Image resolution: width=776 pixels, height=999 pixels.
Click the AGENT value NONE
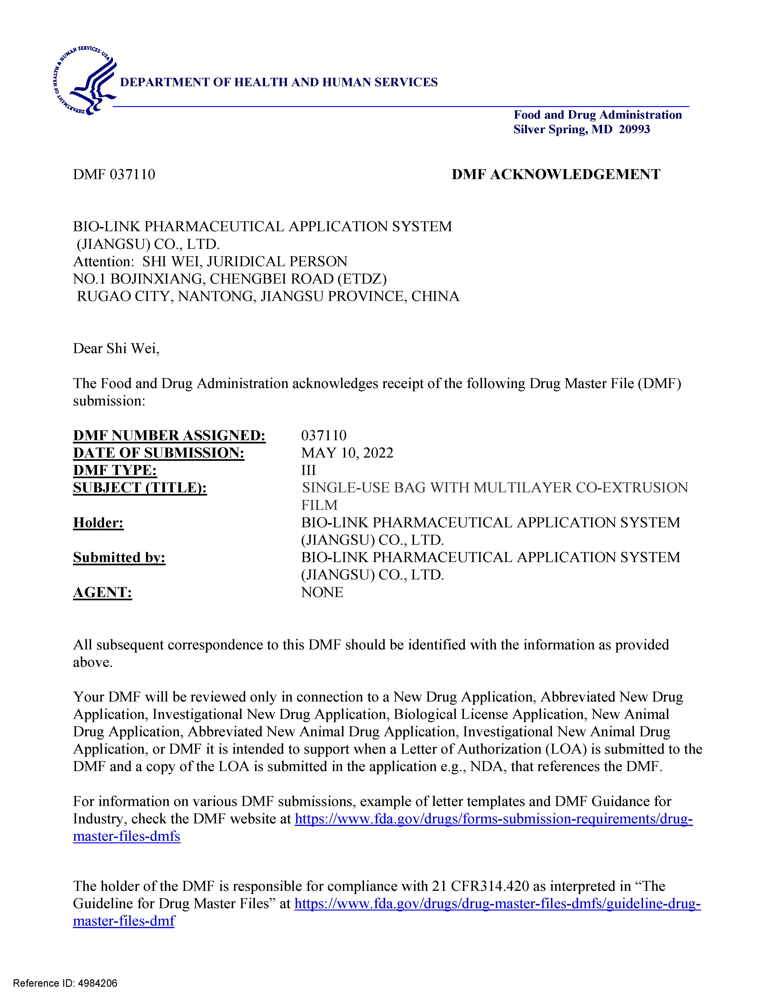(x=322, y=592)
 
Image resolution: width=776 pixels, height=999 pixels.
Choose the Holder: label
(x=98, y=523)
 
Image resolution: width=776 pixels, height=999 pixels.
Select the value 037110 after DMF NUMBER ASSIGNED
(x=323, y=436)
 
